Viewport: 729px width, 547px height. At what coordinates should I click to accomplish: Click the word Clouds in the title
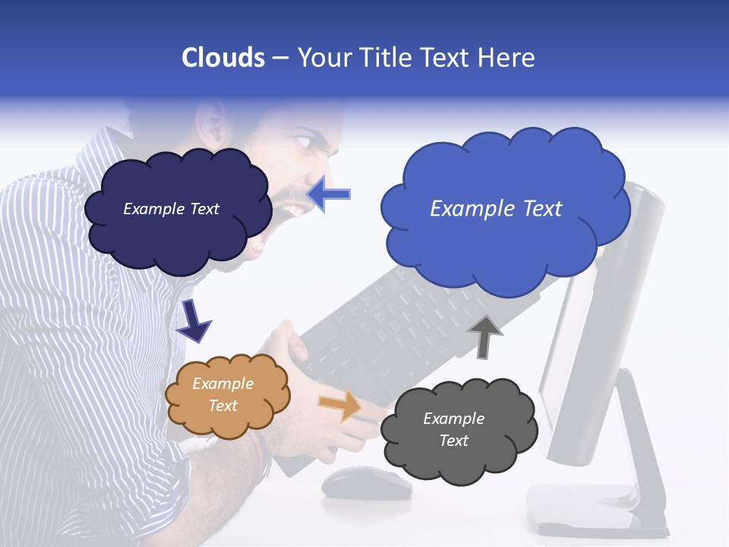(222, 58)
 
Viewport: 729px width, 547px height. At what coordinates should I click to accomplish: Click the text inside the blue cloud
(496, 209)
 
